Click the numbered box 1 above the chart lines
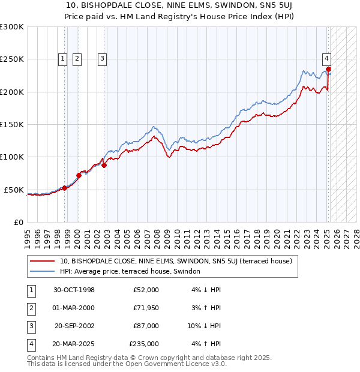(63, 59)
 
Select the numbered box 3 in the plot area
(103, 59)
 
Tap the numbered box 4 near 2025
(326, 59)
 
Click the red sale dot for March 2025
(328, 69)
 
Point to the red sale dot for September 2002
(104, 166)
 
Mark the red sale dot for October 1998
(65, 188)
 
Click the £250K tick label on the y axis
(12, 59)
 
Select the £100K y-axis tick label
(12, 157)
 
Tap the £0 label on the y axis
(19, 222)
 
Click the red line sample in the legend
(42, 261)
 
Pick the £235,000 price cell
(144, 344)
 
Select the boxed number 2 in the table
(31, 308)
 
